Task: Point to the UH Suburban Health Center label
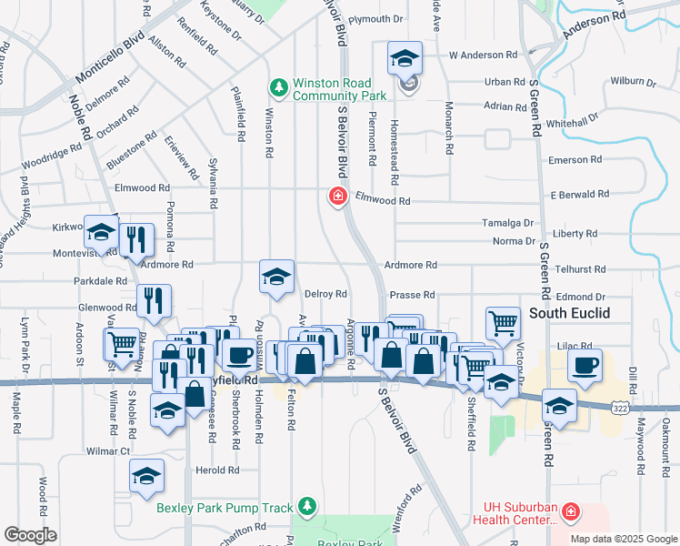pyautogui.click(x=515, y=514)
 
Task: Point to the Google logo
pyautogui.click(x=30, y=535)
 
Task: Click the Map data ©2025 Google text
pyautogui.click(x=623, y=538)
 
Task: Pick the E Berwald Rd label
pyautogui.click(x=580, y=195)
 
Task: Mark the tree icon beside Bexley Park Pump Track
pyautogui.click(x=309, y=506)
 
